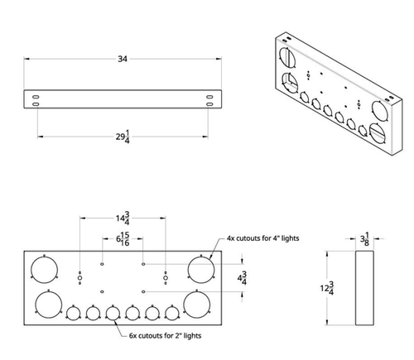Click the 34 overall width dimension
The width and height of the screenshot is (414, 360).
122,59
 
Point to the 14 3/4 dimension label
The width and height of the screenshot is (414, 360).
123,220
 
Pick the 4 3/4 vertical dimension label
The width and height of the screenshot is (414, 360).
242,278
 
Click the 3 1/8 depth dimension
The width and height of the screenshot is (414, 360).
364,240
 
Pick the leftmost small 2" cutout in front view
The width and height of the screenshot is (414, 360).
73,313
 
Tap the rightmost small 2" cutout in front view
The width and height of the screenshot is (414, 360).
172,313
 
